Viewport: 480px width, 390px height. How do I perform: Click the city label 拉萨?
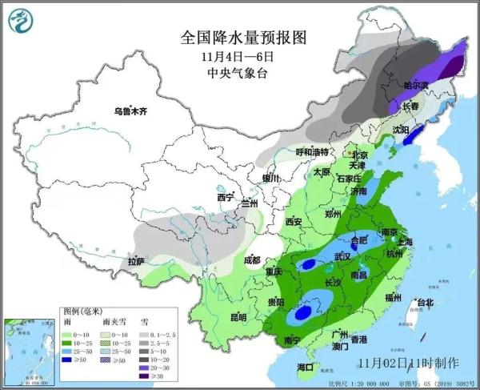(x=137, y=261)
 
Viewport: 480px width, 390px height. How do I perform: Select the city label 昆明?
(x=238, y=317)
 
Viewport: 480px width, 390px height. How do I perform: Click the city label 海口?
(x=305, y=368)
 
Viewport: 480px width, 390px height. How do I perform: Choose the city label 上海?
(x=404, y=242)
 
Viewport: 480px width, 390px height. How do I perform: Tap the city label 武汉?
(x=342, y=256)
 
